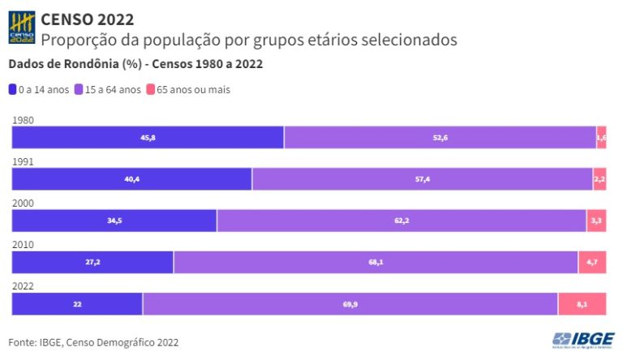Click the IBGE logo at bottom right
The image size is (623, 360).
(582, 340)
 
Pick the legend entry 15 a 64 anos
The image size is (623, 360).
(107, 90)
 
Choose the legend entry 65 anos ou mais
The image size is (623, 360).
(187, 90)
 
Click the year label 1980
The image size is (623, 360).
(23, 120)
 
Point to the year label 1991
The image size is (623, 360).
(23, 161)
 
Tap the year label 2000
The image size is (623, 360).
(23, 203)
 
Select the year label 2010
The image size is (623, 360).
(23, 244)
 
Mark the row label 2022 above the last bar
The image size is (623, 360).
(23, 285)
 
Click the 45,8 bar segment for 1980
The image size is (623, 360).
(148, 138)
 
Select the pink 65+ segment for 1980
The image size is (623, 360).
(601, 138)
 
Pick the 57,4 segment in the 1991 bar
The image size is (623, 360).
(422, 179)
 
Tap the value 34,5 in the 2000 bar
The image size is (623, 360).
(114, 221)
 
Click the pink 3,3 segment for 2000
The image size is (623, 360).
(596, 221)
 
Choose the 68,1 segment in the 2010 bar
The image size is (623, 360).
(376, 262)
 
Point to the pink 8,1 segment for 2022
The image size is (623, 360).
(582, 304)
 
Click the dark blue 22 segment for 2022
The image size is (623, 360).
(77, 304)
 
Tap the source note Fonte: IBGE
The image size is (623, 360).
(93, 343)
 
